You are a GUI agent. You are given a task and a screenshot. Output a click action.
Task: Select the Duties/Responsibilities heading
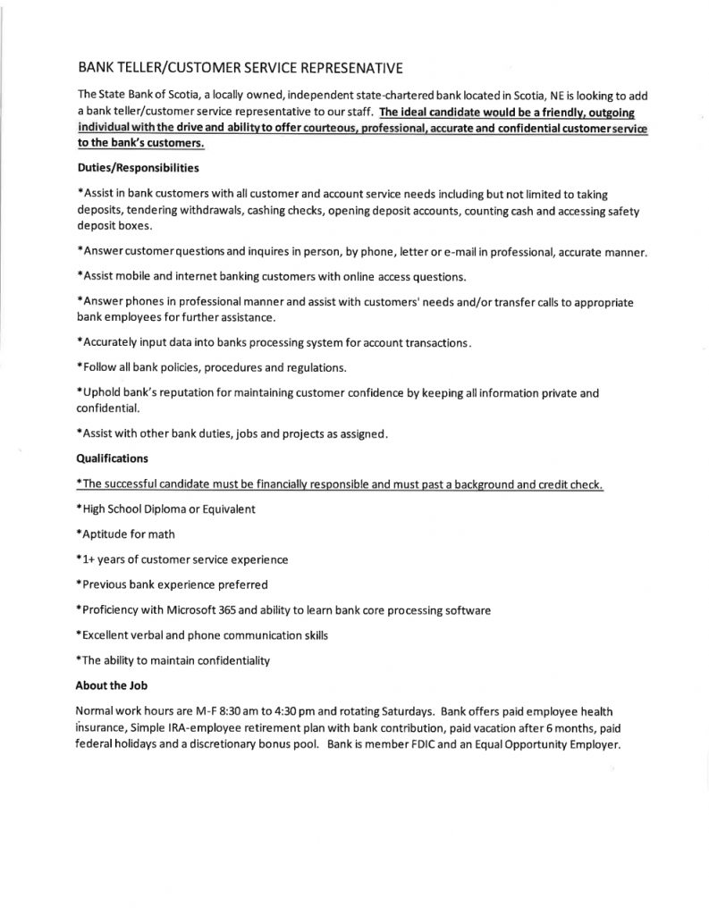click(x=133, y=167)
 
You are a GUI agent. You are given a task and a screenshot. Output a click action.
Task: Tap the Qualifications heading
click(x=113, y=457)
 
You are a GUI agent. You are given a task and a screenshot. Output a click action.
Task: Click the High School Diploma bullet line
click(x=167, y=508)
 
